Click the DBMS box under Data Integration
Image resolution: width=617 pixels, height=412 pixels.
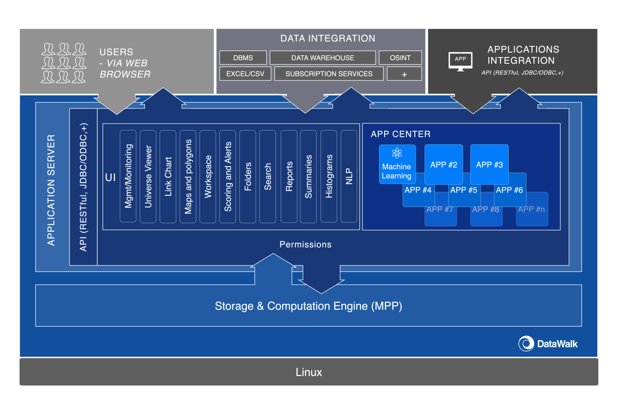tap(243, 58)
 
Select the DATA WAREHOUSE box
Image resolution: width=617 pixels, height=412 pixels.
tap(322, 58)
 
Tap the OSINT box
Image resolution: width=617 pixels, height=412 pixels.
tap(400, 58)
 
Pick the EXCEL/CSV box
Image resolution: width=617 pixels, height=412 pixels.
tap(245, 73)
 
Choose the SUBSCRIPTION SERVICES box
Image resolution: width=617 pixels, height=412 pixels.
tap(329, 73)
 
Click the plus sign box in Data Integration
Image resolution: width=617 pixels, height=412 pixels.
tap(404, 74)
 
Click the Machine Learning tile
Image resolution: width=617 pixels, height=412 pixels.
tap(397, 164)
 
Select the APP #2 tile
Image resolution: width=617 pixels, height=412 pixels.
tap(443, 164)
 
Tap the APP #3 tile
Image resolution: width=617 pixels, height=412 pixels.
tap(489, 164)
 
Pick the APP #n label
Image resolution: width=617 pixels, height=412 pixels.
tap(531, 209)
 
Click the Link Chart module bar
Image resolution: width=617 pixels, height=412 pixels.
tap(168, 176)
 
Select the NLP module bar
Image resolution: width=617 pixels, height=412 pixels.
tap(349, 176)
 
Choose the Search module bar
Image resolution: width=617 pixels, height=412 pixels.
tap(268, 176)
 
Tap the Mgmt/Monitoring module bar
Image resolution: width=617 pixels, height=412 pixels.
tap(128, 176)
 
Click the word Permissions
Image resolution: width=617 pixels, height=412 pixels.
tap(305, 244)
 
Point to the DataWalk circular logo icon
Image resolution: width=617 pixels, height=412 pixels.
tap(526, 344)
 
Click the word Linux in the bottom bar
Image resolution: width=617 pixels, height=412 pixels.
tap(309, 372)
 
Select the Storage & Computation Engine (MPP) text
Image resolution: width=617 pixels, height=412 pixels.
tap(308, 306)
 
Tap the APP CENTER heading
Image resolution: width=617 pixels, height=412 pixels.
tap(401, 134)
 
